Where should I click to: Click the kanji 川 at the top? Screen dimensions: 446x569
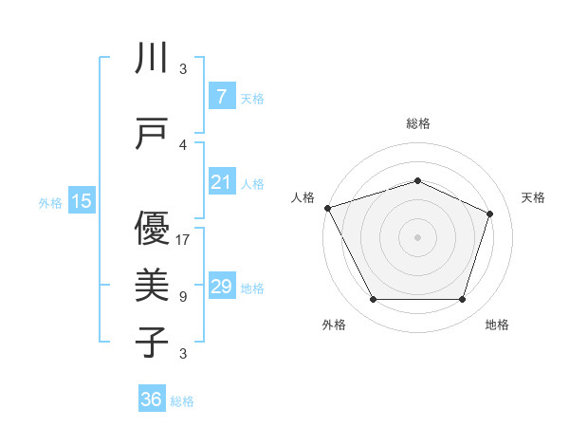(152, 60)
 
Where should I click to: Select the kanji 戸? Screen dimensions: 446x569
(152, 133)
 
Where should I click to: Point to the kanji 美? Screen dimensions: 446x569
(152, 286)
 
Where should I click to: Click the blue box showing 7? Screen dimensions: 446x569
(221, 97)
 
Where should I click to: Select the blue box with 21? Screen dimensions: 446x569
(221, 183)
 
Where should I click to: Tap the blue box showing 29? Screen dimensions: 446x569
(221, 287)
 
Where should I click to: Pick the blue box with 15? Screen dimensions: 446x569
(82, 201)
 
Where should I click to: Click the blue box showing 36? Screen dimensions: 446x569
(152, 400)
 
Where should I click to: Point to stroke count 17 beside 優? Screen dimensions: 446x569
(183, 239)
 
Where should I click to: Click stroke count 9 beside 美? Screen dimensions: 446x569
(183, 297)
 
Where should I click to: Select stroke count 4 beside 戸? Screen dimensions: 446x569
(183, 145)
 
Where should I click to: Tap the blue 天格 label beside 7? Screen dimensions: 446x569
(252, 98)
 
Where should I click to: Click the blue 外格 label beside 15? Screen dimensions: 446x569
(50, 202)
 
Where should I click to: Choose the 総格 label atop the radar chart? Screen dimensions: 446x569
(418, 123)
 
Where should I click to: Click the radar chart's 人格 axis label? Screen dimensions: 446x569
(303, 197)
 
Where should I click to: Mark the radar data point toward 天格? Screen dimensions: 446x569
(490, 214)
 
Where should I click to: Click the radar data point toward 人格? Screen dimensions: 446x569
(327, 208)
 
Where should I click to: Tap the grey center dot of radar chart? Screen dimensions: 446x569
(417, 236)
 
